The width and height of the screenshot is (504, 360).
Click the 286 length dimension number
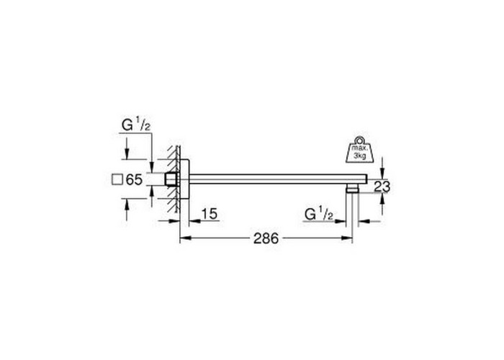tap(266, 238)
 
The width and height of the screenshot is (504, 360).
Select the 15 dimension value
tap(210, 214)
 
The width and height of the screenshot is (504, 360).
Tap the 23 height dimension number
tap(382, 186)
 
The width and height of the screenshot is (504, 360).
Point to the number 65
tap(134, 179)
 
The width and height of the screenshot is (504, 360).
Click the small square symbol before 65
tap(117, 179)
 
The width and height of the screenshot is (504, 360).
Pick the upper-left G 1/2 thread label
tap(136, 125)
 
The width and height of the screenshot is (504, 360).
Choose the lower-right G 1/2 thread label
tap(318, 215)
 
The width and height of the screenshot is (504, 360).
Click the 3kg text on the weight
tap(360, 156)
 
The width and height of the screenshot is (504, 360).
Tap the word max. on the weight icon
tap(359, 148)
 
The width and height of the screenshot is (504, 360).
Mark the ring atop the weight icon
tap(359, 140)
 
